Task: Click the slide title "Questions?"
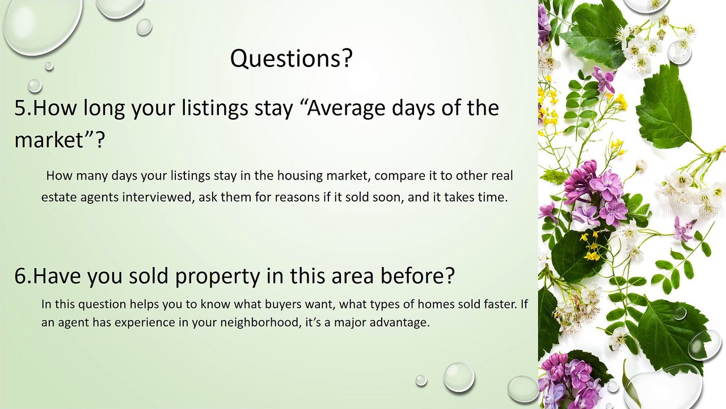(x=291, y=59)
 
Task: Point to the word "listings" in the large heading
(x=214, y=109)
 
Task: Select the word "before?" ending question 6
(x=417, y=276)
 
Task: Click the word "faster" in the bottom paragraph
(x=500, y=304)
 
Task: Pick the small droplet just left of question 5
(x=35, y=86)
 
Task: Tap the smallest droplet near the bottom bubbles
(x=421, y=380)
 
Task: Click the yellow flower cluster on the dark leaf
(x=591, y=247)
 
